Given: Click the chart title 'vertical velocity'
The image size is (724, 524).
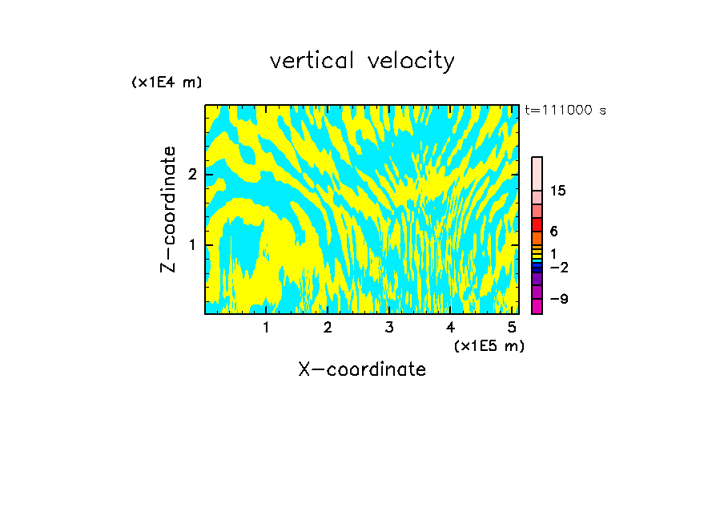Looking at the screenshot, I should [362, 61].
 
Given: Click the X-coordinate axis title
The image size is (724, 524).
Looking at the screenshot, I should [362, 369].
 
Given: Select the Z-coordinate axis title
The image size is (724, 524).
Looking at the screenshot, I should [168, 209].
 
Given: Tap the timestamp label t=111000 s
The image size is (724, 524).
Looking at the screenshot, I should [565, 110].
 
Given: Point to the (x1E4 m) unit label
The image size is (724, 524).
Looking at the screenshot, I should [167, 83].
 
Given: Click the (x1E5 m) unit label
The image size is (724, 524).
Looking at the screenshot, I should [489, 345].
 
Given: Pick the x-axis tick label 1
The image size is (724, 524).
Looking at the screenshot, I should [266, 327].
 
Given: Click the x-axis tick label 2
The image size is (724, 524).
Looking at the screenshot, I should [328, 327].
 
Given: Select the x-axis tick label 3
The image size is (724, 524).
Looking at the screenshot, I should [389, 327].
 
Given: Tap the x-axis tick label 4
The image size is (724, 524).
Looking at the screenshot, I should [450, 327].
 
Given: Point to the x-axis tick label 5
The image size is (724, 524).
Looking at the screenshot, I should [512, 327].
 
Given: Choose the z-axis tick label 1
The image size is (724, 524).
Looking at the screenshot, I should [192, 244].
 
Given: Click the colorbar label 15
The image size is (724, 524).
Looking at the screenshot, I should [558, 191].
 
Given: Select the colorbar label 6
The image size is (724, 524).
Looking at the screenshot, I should [553, 232].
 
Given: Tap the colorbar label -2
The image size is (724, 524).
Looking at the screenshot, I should [558, 267].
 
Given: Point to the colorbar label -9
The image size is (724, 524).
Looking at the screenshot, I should [558, 299].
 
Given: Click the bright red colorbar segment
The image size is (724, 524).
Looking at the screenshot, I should [537, 224].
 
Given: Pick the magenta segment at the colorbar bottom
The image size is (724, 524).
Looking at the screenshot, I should [537, 306].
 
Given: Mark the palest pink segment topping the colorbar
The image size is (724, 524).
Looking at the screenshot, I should [537, 173].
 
